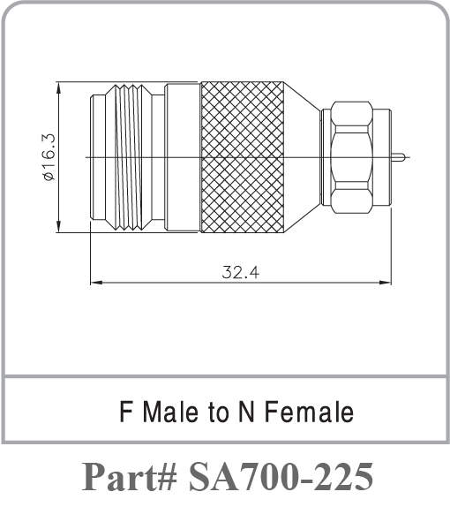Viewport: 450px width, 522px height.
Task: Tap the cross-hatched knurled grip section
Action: [x=243, y=157]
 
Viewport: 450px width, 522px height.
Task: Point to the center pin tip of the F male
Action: [x=401, y=158]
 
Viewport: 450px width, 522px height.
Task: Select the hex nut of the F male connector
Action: [x=351, y=157]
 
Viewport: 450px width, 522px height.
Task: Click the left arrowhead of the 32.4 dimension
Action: [x=94, y=284]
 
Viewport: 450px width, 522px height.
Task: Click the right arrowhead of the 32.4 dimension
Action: [x=389, y=284]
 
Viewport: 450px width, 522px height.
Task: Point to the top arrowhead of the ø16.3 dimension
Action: [x=58, y=87]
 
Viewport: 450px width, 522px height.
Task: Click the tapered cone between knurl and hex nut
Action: [x=303, y=157]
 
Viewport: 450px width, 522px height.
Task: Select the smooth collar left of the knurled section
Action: [x=183, y=157]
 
